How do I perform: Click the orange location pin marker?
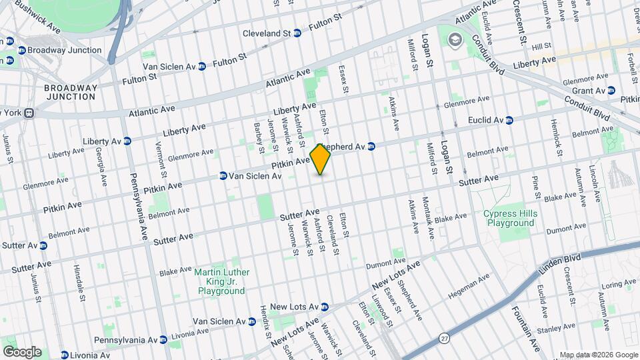point(321,159)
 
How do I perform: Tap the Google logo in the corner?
point(22,351)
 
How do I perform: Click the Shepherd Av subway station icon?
point(372,146)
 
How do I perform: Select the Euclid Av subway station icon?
point(509,121)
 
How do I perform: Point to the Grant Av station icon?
point(611,91)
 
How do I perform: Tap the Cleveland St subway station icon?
point(297,33)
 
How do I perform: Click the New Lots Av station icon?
point(325,307)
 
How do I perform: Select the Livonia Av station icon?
point(65,355)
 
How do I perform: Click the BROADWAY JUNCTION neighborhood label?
point(71,92)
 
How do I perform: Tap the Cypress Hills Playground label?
point(511,218)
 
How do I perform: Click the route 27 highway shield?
point(445,339)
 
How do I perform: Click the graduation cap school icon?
point(455,40)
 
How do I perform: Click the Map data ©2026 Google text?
point(598,355)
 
